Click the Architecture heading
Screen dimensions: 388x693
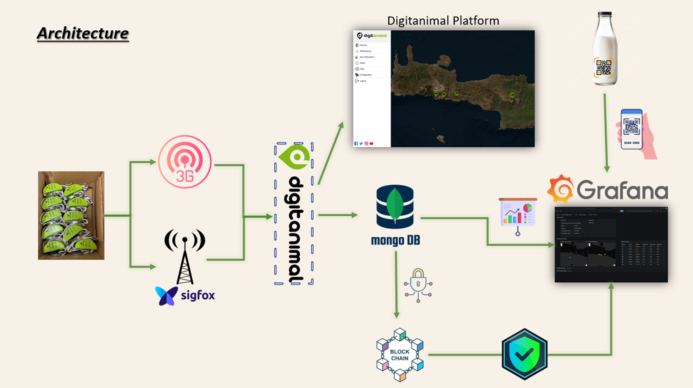83,33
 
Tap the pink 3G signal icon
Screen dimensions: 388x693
185,162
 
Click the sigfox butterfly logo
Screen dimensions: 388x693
166,295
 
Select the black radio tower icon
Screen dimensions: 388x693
185,255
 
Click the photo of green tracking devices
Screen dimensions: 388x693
71,215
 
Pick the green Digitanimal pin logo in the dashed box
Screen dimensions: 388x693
295,157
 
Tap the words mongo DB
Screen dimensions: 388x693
395,240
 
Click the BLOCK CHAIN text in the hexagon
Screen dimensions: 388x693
400,355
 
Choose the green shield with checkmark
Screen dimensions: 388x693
524,354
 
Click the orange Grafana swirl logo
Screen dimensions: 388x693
560,189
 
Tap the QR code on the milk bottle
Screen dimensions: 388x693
604,68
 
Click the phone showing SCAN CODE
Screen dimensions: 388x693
631,129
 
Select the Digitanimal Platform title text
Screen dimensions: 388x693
443,21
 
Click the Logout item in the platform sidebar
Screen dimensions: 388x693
363,81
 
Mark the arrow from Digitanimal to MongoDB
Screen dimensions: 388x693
337,215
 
